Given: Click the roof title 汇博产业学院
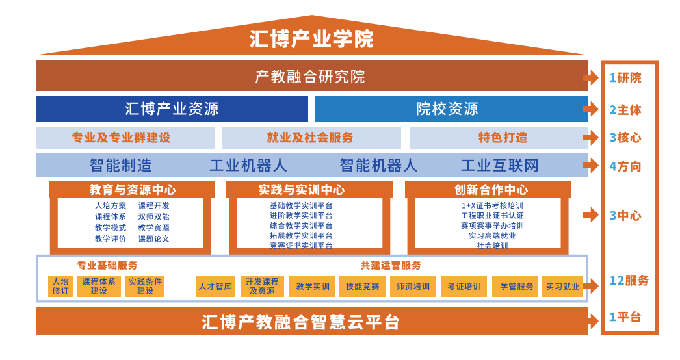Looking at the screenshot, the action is click(311, 39).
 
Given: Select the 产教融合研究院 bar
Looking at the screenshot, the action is click(312, 76).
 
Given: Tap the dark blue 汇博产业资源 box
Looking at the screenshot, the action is click(172, 109).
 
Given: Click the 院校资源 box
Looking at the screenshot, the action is click(451, 109).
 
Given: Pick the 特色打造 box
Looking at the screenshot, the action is click(499, 138).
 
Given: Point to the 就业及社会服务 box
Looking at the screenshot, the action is click(311, 138).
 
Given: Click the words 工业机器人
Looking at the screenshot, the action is click(248, 165).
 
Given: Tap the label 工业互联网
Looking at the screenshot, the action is click(499, 165).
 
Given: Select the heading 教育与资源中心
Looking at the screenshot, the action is click(132, 190).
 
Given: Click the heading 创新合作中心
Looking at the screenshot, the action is click(491, 190).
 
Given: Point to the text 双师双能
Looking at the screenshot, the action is click(153, 216).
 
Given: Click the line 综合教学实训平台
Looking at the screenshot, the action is click(301, 225).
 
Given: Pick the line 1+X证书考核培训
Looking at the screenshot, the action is click(492, 205).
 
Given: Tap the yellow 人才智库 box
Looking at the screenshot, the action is click(215, 287).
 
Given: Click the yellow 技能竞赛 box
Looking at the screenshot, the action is click(362, 287).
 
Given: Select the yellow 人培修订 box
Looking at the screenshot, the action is click(60, 287).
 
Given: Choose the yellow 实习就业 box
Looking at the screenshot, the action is click(562, 287).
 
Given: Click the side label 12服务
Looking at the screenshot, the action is click(629, 281).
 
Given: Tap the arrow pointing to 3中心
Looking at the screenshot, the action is click(591, 214).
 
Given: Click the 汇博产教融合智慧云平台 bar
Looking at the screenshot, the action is click(312, 321).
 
